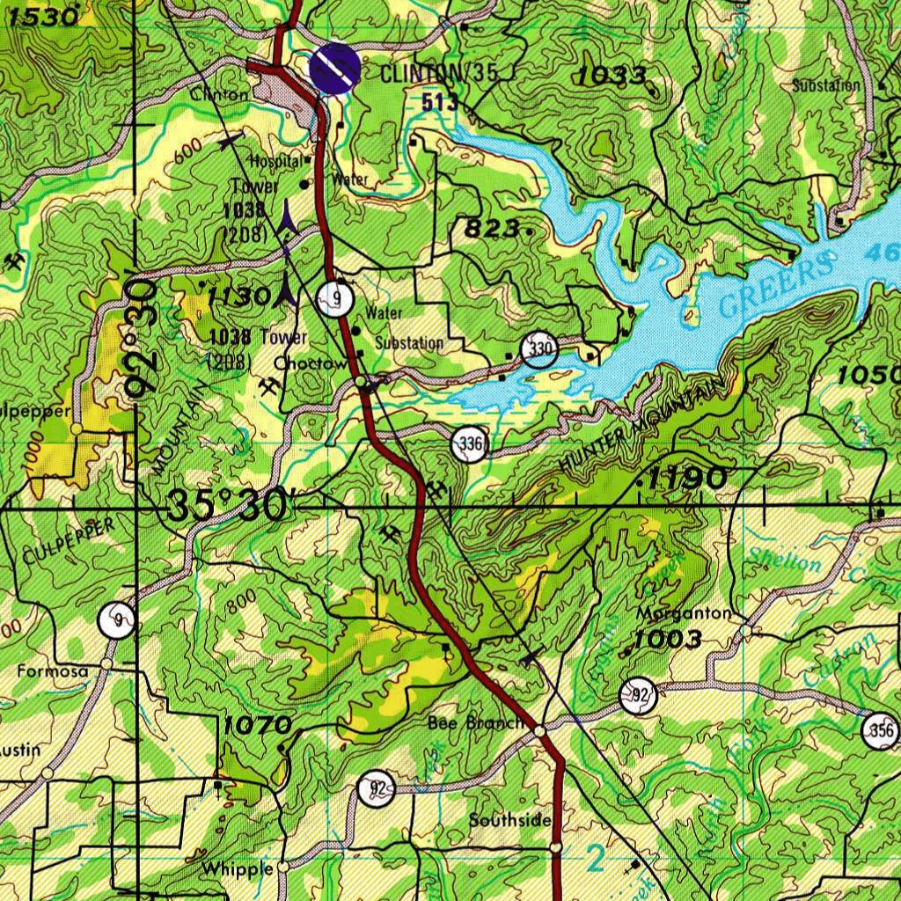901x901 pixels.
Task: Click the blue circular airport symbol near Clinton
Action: click(x=335, y=68)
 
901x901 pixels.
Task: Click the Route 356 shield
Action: click(x=882, y=730)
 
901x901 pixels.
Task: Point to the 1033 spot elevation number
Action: click(x=612, y=77)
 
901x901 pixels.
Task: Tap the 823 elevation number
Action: click(x=492, y=229)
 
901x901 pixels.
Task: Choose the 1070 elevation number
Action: click(x=256, y=726)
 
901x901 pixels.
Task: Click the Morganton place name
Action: click(x=683, y=612)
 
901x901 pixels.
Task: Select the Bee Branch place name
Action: click(x=475, y=723)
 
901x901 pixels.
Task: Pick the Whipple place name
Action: click(x=237, y=869)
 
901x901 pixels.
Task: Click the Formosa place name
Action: click(x=53, y=671)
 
